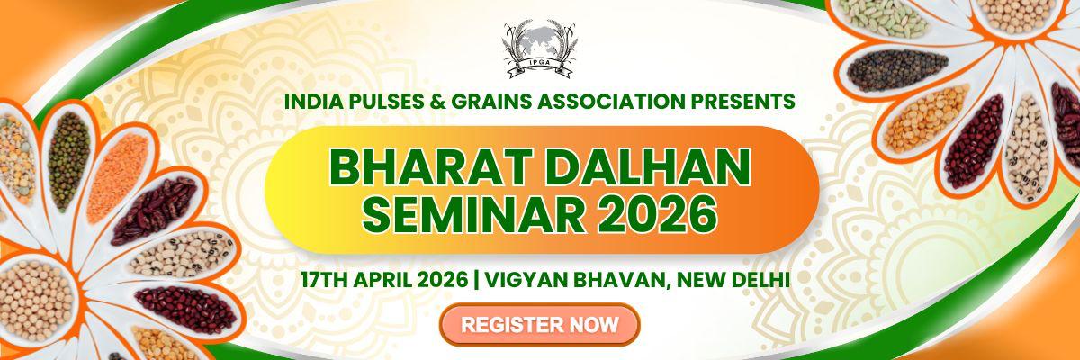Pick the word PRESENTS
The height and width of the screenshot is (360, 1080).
point(751,101)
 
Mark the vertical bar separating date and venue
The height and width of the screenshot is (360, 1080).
point(476,279)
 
